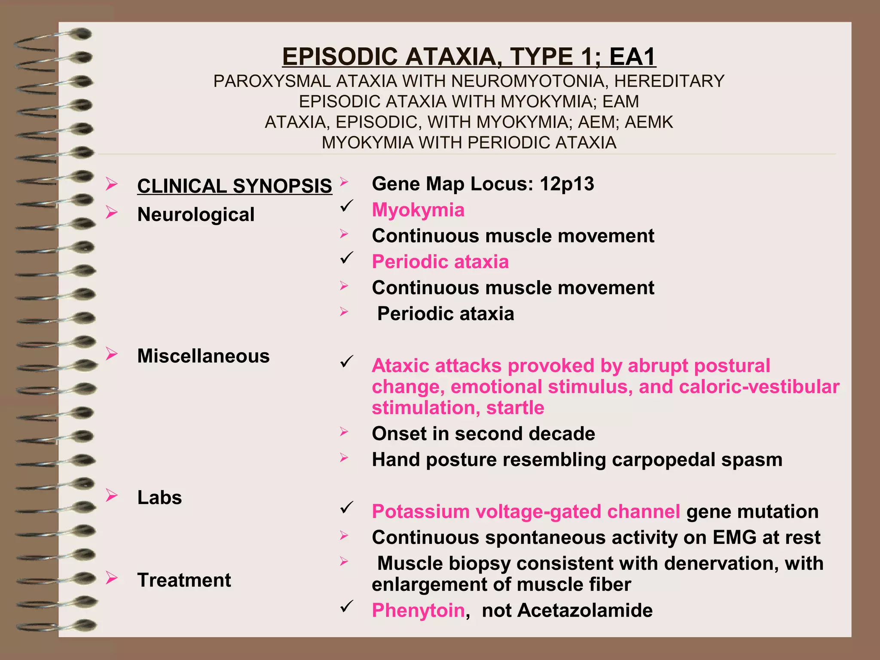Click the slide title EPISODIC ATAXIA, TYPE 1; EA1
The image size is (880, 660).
click(x=469, y=57)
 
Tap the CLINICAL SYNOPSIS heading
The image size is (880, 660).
click(x=235, y=186)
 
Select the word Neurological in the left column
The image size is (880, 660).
click(x=196, y=214)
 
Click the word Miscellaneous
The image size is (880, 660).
click(x=203, y=356)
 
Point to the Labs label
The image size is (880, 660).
click(x=159, y=498)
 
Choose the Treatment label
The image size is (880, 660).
click(x=184, y=580)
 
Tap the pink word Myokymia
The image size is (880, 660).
click(x=418, y=210)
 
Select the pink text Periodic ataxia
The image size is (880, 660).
click(x=440, y=262)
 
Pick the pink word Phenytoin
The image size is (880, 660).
click(x=418, y=610)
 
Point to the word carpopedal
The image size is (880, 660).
click(x=663, y=460)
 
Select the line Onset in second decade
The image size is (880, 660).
click(x=483, y=434)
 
